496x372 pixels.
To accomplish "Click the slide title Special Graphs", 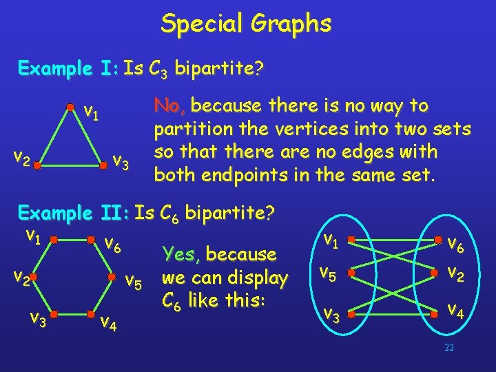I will [246, 24].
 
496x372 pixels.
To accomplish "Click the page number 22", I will [449, 348].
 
